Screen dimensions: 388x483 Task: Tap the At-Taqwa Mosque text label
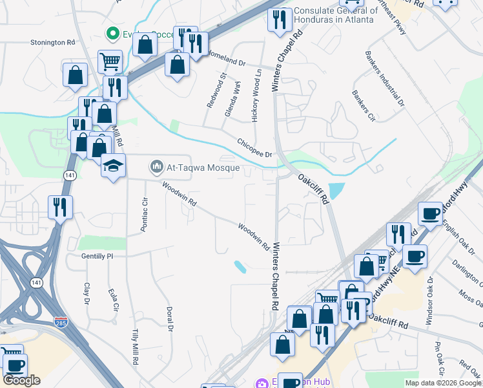203,168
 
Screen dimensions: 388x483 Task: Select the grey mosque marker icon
156,168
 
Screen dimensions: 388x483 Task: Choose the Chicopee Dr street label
254,147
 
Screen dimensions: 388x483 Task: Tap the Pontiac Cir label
145,210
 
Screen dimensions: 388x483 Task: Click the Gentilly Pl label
97,256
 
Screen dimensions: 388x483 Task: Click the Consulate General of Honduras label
335,15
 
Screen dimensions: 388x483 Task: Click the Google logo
22,380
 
